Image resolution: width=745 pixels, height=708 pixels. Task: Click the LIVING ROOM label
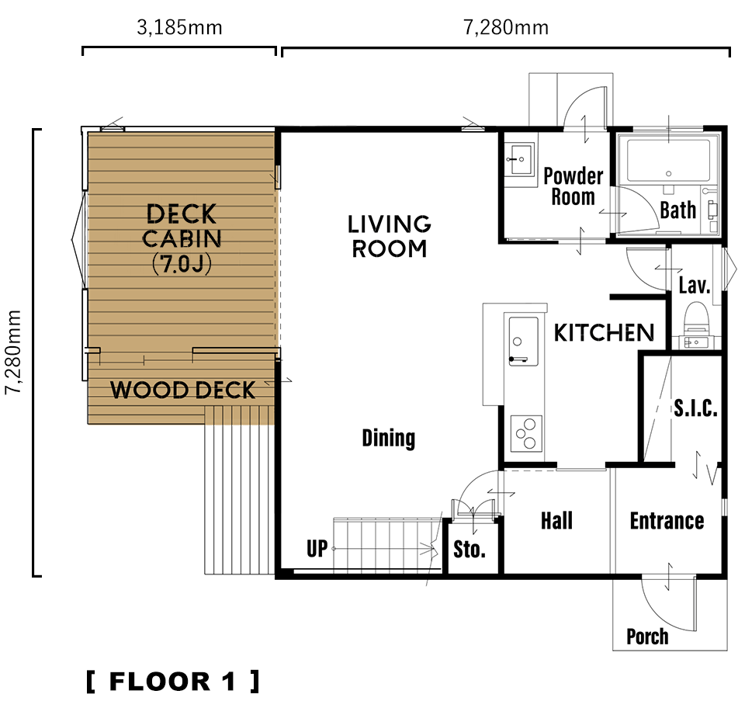(389, 237)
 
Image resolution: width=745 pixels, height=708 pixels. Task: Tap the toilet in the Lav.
(696, 317)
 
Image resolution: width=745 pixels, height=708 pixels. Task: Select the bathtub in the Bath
(668, 159)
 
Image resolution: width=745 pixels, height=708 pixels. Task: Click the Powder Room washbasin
(519, 160)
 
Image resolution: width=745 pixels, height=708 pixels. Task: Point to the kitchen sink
(523, 341)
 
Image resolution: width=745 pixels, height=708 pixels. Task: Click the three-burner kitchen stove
(526, 433)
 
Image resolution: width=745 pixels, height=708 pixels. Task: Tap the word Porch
(647, 637)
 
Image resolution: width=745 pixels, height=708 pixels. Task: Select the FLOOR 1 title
(173, 682)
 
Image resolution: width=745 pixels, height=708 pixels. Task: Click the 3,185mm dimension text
(179, 28)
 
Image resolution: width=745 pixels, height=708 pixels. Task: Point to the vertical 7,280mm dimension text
(13, 352)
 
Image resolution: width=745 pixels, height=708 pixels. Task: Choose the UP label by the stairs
(317, 549)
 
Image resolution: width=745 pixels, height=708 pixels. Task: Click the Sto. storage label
(470, 550)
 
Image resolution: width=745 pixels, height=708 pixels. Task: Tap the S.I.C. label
(695, 408)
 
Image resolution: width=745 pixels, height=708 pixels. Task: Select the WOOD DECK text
(183, 390)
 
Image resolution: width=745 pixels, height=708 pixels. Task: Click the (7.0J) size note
(182, 265)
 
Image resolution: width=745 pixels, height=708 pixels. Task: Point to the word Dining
(389, 438)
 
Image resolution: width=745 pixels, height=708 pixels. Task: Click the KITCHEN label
(605, 332)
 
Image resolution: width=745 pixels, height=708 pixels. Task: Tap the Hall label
(557, 521)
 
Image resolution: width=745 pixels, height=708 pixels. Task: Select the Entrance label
(667, 521)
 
